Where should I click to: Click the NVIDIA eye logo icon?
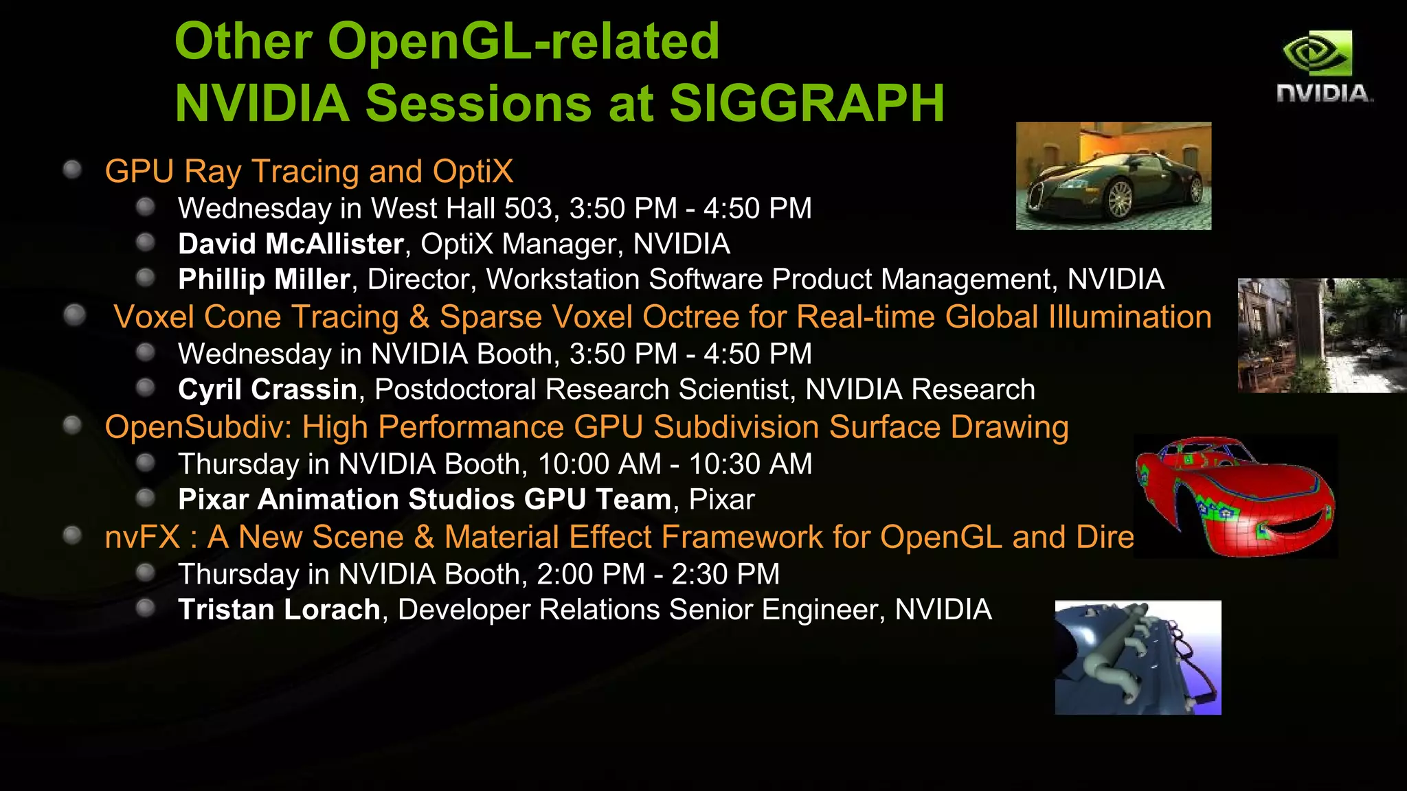(x=1317, y=53)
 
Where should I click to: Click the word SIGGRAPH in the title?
(x=807, y=104)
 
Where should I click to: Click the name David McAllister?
(x=291, y=244)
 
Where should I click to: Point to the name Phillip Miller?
(x=264, y=279)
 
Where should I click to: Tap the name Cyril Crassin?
(x=267, y=390)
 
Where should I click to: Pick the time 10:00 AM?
(x=599, y=464)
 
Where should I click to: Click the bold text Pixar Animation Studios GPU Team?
(x=424, y=500)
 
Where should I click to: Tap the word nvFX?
(x=142, y=538)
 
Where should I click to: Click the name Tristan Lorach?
(x=279, y=610)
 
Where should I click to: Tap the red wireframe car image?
(x=1235, y=496)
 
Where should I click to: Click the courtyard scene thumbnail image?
(x=1321, y=335)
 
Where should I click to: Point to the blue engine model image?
(x=1138, y=658)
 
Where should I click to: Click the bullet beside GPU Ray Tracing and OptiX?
(x=72, y=170)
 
